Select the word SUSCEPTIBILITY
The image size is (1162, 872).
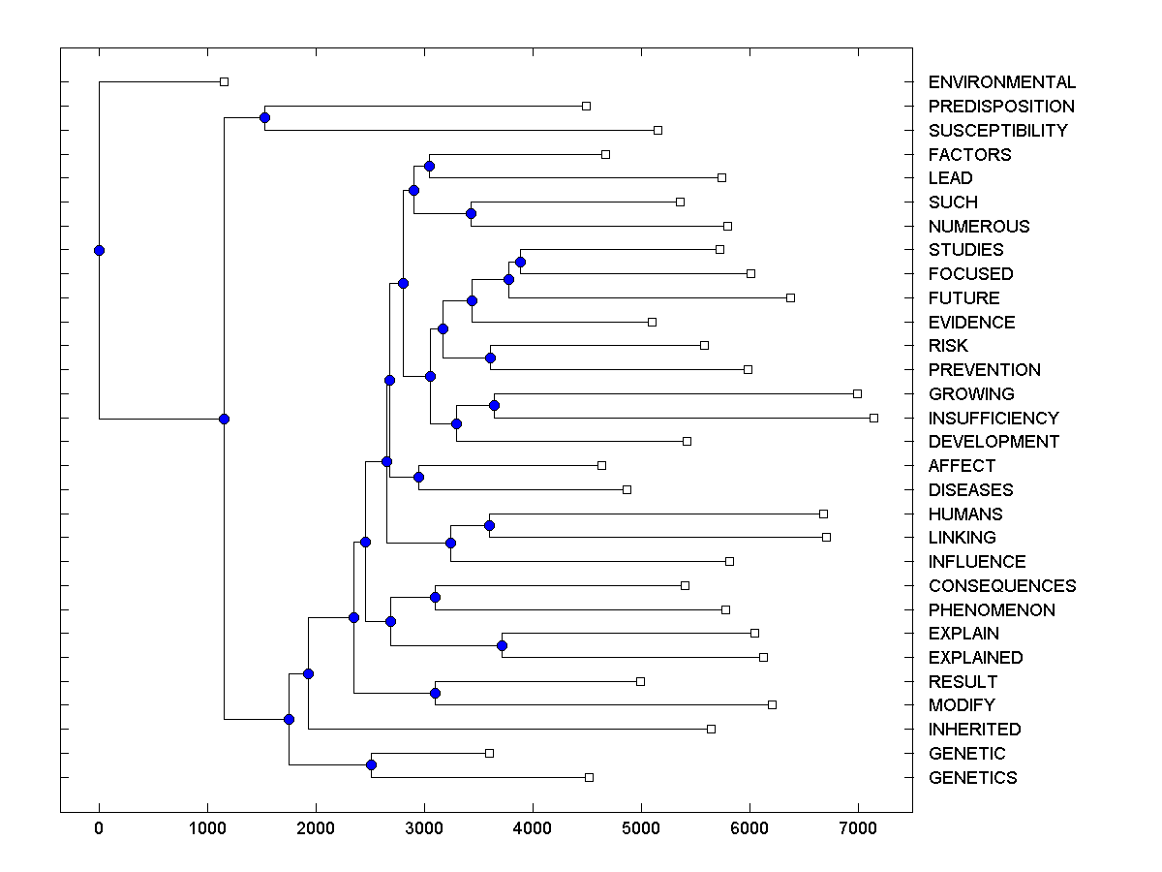coord(997,130)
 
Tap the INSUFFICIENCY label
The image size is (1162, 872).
coord(994,418)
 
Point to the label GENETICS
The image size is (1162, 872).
coord(972,777)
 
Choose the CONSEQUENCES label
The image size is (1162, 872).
coord(1001,585)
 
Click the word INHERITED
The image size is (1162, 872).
coord(974,729)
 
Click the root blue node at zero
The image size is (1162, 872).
coord(99,250)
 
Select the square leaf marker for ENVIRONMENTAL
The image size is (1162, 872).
coord(224,81)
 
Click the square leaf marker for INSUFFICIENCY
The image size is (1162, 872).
coord(873,418)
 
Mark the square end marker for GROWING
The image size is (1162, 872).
coord(857,393)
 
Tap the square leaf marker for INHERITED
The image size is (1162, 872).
coord(711,729)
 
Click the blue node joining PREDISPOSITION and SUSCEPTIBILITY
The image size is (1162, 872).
coord(264,117)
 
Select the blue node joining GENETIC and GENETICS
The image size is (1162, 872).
coord(371,764)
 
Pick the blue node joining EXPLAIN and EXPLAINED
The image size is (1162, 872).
coord(502,645)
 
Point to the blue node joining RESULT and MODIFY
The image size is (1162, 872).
coord(435,693)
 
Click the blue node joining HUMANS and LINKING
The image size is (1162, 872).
coord(489,525)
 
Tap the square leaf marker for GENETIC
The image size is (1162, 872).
coord(489,753)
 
